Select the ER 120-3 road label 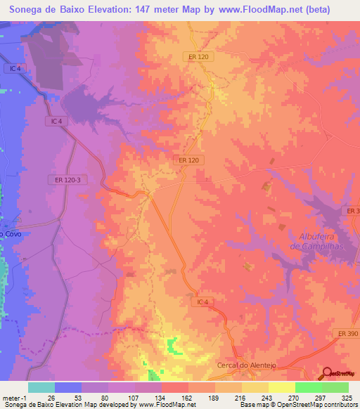pos(67,180)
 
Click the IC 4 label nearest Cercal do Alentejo pos(202,301)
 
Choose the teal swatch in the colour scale pos(41,387)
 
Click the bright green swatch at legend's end pos(335,387)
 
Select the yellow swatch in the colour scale pos(255,387)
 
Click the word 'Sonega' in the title pos(28,10)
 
